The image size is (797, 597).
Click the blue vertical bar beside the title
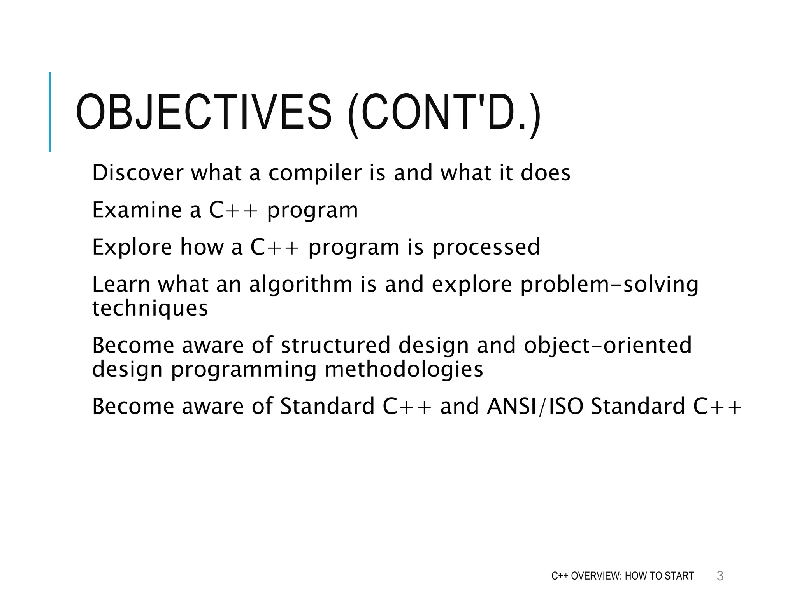coord(50,112)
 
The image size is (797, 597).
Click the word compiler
coord(315,173)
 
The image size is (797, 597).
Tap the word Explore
coord(132,247)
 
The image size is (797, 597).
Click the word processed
coord(486,248)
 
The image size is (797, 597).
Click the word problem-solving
coord(609,285)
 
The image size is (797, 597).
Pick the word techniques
coord(150,309)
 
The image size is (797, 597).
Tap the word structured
coord(335,345)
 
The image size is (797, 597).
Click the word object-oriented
coord(607,345)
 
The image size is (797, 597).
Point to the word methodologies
coord(404,369)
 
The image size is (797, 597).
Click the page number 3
coord(720,576)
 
